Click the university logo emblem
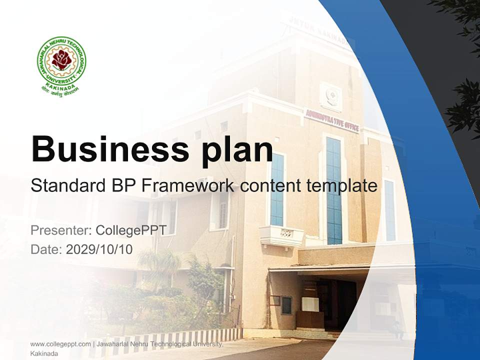tap(61, 65)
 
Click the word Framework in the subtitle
tap(187, 185)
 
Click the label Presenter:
tap(60, 230)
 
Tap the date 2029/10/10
tap(99, 249)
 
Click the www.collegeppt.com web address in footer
tap(60, 344)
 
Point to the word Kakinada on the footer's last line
tap(44, 353)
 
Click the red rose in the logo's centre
tap(61, 59)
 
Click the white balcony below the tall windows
tap(281, 235)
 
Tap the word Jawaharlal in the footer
tap(113, 344)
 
